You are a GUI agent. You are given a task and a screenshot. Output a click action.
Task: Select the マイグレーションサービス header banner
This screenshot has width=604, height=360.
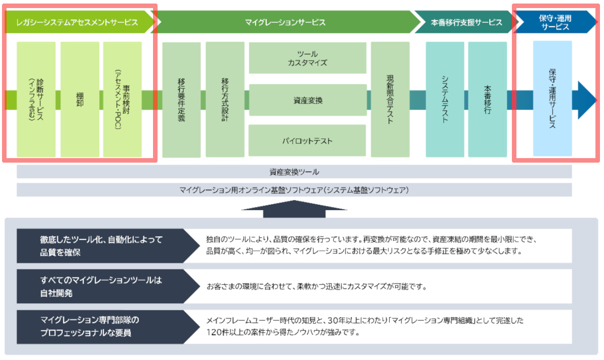[285, 22]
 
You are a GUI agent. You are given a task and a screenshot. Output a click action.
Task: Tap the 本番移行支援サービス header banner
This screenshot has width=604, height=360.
[466, 22]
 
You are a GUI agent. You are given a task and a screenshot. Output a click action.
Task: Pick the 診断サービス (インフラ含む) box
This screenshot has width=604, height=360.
[36, 99]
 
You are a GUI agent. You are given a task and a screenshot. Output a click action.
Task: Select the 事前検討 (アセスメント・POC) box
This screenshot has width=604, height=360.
[122, 99]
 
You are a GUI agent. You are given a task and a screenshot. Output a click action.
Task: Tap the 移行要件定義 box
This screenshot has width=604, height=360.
[181, 100]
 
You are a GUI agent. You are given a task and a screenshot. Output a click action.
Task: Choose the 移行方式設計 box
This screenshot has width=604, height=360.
[225, 100]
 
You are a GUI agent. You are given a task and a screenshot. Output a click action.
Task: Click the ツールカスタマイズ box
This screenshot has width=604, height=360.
[308, 58]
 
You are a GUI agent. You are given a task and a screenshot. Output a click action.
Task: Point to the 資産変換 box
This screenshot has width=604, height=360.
[308, 100]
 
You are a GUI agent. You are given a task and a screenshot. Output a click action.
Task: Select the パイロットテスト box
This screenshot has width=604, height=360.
[308, 141]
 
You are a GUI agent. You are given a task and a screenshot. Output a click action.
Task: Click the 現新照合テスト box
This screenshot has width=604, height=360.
[390, 100]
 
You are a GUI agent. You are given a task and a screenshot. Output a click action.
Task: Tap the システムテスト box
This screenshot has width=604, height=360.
[445, 100]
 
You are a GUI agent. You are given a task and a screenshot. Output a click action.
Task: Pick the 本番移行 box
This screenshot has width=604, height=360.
[487, 100]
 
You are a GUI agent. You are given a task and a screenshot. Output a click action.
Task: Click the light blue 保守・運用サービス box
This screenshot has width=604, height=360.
[552, 99]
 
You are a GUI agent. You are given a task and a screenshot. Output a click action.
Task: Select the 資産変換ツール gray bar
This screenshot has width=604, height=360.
[294, 172]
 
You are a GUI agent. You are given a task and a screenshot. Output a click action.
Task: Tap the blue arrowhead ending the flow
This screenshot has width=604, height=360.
[587, 100]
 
